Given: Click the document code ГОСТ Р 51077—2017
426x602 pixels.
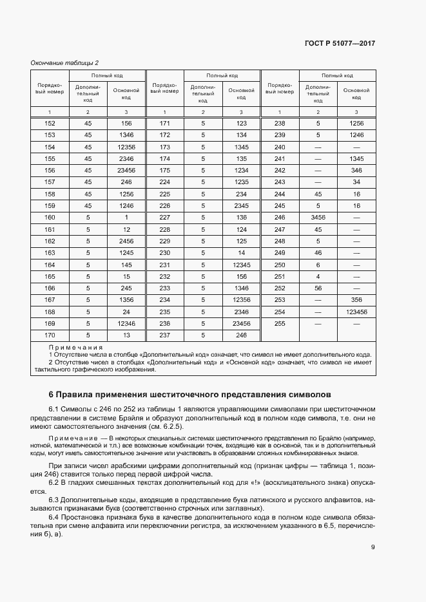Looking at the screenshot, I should tap(339, 43).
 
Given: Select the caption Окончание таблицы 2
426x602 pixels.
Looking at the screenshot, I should tap(64, 62).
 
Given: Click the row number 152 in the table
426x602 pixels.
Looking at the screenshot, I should tap(50, 123).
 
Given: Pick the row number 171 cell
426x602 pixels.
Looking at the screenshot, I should tap(164, 123).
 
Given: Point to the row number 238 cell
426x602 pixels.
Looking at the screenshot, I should tap(280, 123).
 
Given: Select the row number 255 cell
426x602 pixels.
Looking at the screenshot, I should tap(280, 323).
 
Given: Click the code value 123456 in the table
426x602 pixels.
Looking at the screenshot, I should tap(356, 312).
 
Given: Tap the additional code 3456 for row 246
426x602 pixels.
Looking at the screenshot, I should tap(318, 217).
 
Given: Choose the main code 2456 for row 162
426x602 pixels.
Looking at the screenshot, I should tap(126, 241).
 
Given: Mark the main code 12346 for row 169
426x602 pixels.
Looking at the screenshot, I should tap(126, 323).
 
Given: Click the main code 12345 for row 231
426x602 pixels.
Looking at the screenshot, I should tap(242, 265).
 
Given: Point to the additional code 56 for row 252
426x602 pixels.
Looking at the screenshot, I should tap(318, 288).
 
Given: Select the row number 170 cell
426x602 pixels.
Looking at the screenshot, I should tap(50, 335).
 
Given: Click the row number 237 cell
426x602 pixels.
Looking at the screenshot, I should tap(164, 335).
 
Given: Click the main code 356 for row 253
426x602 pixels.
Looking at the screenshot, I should tap(356, 300).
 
